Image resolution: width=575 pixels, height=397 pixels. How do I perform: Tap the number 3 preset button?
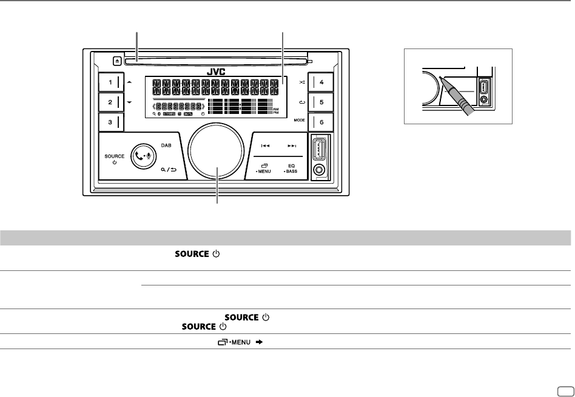coord(110,122)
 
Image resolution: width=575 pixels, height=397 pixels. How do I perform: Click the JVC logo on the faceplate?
coord(216,71)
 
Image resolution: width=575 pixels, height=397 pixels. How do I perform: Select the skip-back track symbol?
coord(265,146)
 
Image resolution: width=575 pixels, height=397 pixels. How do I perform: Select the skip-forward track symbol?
coord(292,146)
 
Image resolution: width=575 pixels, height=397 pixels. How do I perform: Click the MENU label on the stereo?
coord(265,172)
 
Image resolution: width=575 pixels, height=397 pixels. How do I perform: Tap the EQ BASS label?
coord(292,168)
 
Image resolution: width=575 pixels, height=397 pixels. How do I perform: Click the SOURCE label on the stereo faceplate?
coord(115,156)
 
